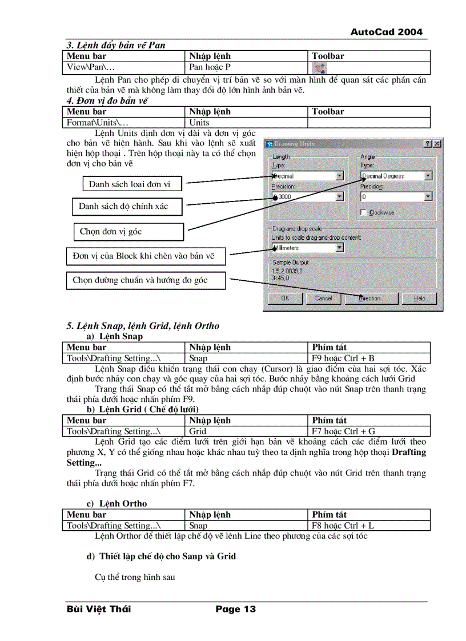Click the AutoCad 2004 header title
point(387,32)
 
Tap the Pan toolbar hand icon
point(321,68)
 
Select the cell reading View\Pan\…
point(91,67)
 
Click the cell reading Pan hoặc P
point(210,67)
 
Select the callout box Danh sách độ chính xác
point(127,206)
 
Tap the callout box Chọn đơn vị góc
point(127,232)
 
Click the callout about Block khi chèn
point(145,256)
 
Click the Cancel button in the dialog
point(323,298)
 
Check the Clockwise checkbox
point(364,212)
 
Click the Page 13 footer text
point(235,609)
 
